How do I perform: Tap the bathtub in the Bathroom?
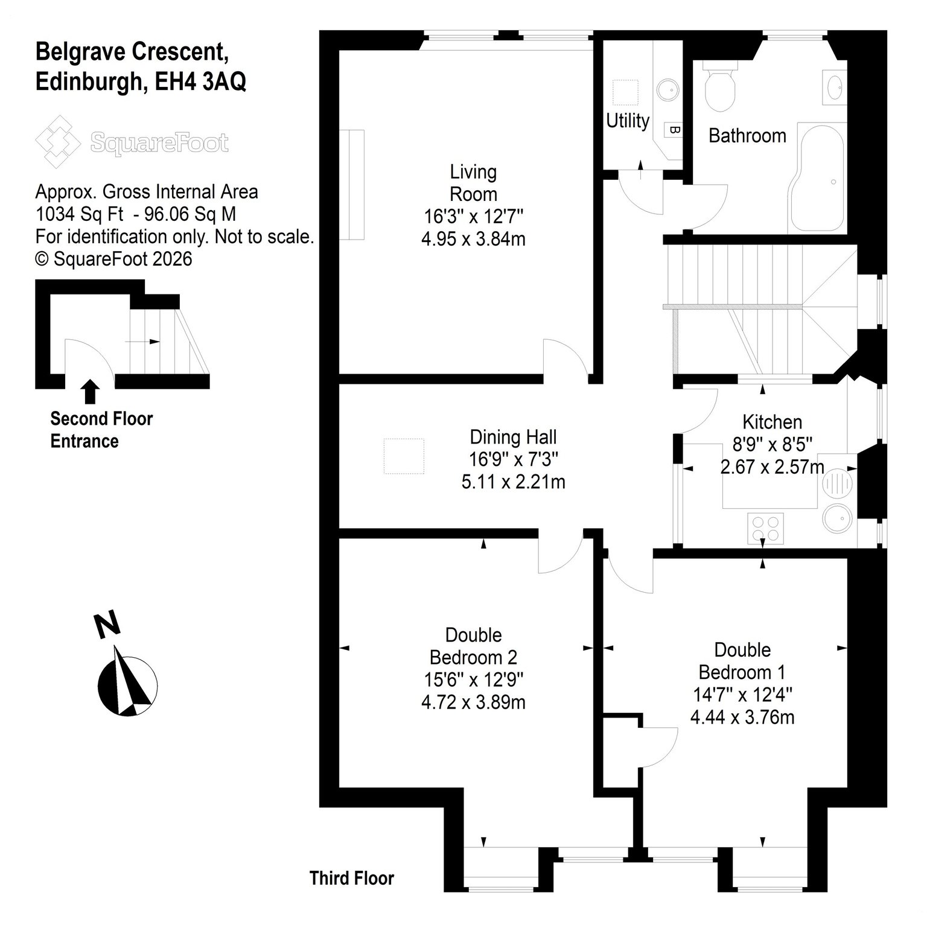(818, 177)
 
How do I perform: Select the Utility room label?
(628, 121)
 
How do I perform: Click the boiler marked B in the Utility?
(674, 129)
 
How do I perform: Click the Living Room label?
(473, 183)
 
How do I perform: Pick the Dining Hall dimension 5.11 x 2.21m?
(513, 482)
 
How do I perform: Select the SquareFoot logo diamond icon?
(58, 142)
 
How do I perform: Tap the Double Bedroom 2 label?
(473, 646)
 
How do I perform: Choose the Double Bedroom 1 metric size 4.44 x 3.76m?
(742, 717)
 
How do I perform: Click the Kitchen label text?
(772, 421)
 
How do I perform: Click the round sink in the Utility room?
(668, 91)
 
